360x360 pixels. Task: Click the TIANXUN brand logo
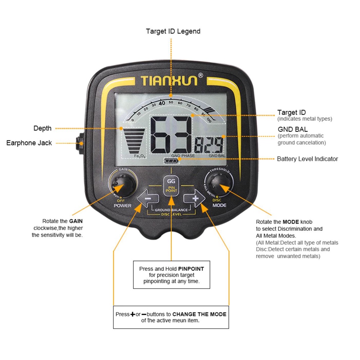[x=169, y=80]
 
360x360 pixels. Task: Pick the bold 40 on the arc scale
[x=162, y=103]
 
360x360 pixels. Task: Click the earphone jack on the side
[x=81, y=143]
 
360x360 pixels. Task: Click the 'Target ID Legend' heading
[x=173, y=31]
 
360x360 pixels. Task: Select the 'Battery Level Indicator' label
[x=307, y=159]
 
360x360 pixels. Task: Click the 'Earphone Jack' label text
[x=29, y=143]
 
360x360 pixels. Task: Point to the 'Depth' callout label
[x=42, y=128]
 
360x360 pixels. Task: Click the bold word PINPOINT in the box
[x=191, y=269]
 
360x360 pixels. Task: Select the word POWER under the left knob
[x=122, y=206]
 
